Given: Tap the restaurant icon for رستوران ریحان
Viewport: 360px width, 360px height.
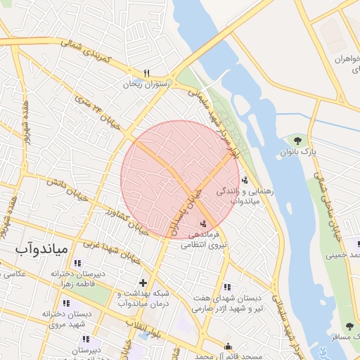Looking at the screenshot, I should coord(148,72).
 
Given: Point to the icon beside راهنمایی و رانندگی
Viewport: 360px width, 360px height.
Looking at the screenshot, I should coord(244,180).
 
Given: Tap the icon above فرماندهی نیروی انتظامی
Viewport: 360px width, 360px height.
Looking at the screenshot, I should coord(203,223).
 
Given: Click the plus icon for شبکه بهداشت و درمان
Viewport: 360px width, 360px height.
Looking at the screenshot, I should coord(143,282).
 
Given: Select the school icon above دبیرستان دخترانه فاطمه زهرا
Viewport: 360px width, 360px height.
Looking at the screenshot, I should coord(77,263).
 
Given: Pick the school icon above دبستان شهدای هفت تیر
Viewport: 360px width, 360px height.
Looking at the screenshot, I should coord(226,287).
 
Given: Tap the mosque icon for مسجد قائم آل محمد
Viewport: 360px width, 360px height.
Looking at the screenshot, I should coord(228,346).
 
